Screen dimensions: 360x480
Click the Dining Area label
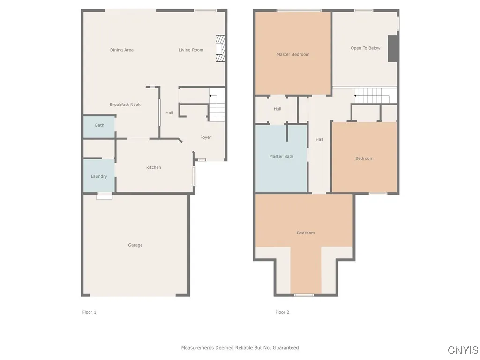[122, 50]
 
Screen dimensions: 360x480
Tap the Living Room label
[191, 50]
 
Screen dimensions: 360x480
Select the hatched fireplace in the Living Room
[220, 48]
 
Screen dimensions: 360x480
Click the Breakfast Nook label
[125, 105]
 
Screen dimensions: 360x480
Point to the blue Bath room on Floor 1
[99, 126]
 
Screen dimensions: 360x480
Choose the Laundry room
[99, 176]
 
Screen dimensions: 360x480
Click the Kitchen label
[154, 167]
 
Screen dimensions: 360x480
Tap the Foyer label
[206, 137]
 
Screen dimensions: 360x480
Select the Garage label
[135, 245]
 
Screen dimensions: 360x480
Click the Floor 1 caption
[89, 312]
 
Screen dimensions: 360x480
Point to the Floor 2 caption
[282, 312]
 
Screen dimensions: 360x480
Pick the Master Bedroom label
[293, 54]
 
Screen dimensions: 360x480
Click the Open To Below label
[366, 48]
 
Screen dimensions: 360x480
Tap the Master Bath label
[281, 156]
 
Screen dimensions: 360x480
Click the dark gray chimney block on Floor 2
[393, 48]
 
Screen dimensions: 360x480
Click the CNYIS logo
[463, 350]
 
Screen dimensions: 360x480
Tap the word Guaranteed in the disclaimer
[284, 348]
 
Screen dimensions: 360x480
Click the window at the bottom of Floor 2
[304, 295]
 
